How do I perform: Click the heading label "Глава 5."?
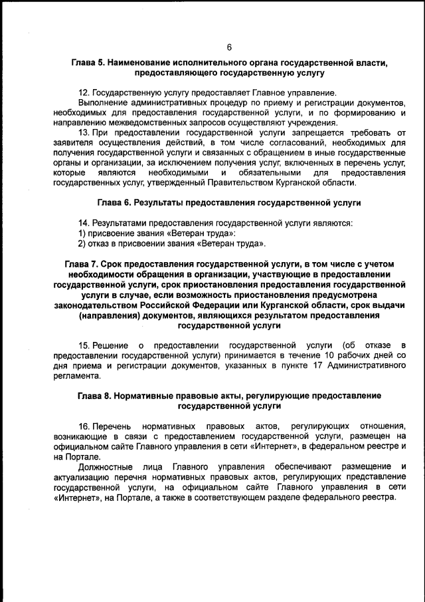point(89,62)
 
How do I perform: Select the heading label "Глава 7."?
point(82,264)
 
